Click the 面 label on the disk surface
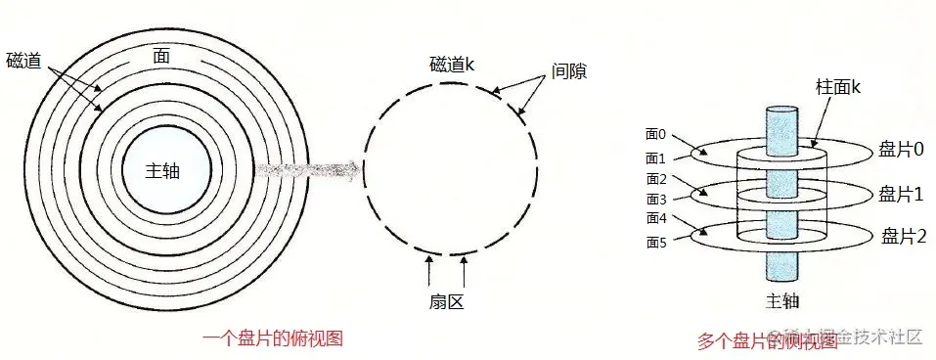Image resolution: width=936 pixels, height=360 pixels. (161, 57)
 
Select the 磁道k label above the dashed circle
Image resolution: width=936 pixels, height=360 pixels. (452, 66)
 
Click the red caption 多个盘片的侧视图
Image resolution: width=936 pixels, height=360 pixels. (767, 341)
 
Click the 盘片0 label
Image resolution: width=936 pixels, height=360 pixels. (902, 149)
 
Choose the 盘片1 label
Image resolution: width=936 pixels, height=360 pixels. (901, 194)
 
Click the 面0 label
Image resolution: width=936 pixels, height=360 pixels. (654, 134)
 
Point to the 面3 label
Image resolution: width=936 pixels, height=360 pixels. (654, 200)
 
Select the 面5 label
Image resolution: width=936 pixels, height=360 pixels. (654, 243)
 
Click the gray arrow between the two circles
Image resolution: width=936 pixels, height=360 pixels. (309, 168)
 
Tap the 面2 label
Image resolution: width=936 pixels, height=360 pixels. (654, 179)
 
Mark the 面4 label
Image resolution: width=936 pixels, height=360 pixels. (654, 219)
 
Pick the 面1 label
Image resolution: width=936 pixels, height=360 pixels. (654, 157)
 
